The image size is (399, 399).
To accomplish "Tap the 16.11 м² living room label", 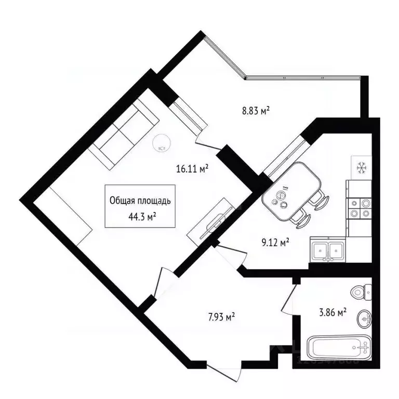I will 192,168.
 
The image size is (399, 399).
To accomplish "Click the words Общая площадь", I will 140,199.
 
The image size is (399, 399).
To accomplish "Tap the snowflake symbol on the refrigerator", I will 361,168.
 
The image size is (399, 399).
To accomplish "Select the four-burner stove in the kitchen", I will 361,207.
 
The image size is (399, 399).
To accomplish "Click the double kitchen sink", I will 327,250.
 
